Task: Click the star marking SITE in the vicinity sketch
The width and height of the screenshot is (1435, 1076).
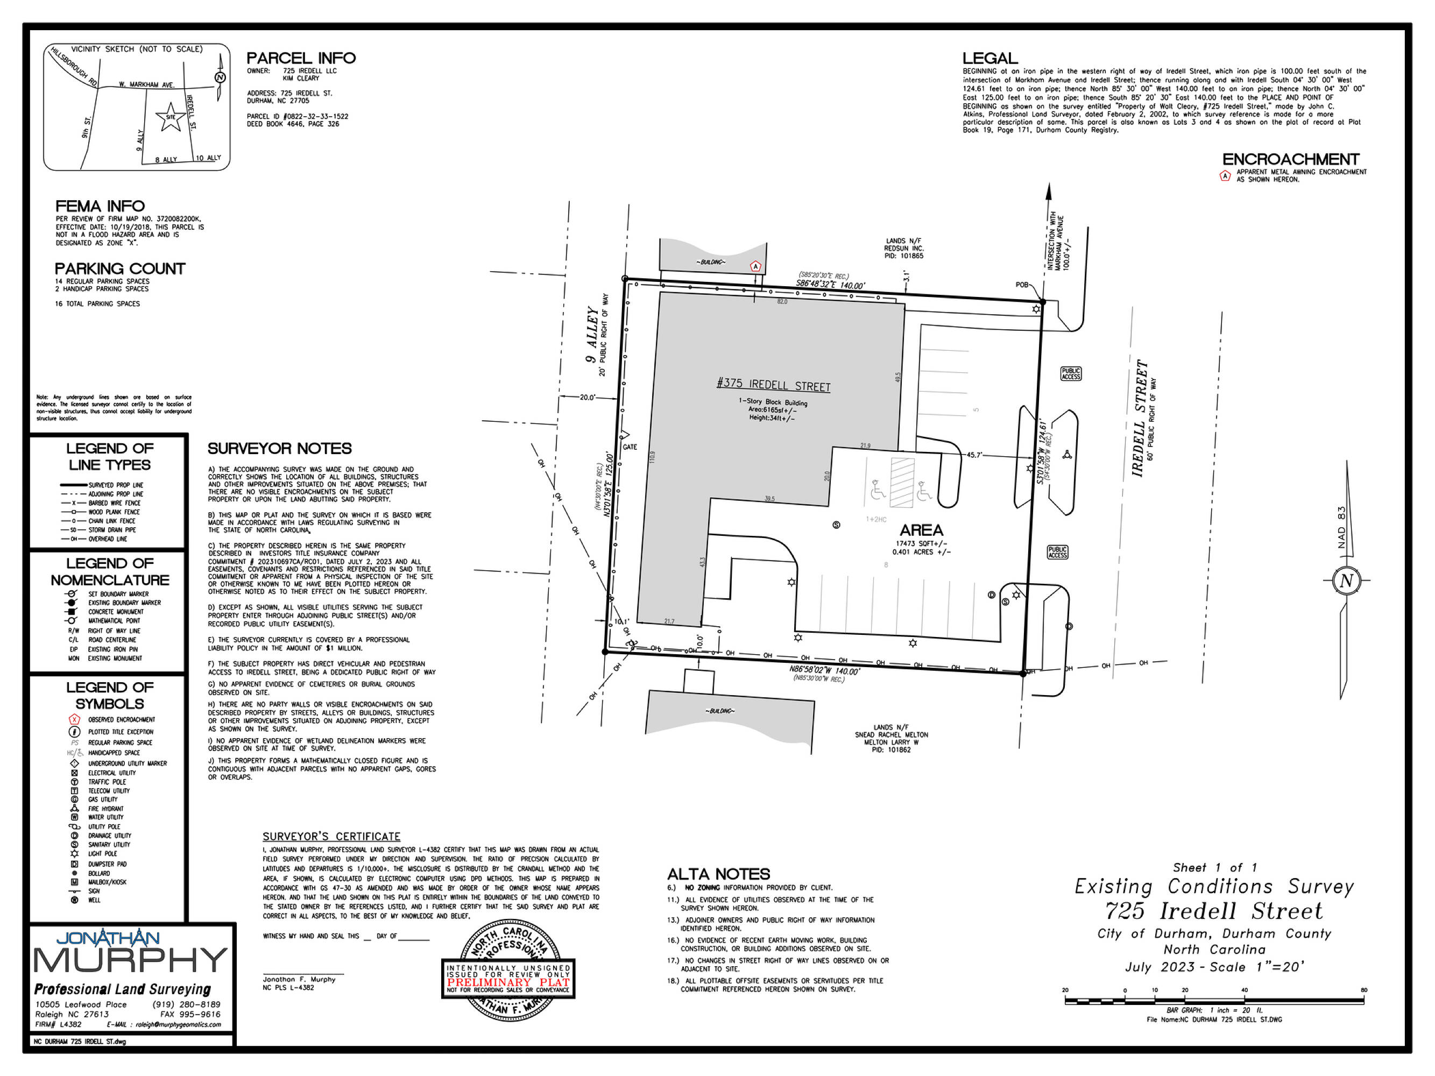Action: [170, 117]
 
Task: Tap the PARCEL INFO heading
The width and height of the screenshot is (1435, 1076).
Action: [301, 58]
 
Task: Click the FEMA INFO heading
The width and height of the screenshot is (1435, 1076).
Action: [100, 206]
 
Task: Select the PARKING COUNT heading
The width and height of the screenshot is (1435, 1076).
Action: [120, 268]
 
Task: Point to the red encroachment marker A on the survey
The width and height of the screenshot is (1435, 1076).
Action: [755, 266]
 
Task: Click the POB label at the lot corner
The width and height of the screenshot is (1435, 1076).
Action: [1022, 285]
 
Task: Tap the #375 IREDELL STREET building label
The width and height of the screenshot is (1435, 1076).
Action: [773, 385]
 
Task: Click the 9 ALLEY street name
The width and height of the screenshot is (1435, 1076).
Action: [592, 335]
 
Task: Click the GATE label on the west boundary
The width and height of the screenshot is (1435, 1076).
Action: [630, 447]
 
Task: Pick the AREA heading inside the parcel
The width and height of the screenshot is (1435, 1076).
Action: [921, 530]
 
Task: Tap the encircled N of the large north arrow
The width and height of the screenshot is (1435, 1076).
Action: [1346, 580]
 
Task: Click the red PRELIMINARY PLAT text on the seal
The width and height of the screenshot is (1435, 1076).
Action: [508, 982]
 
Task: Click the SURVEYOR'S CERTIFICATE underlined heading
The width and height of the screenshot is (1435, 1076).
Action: [331, 837]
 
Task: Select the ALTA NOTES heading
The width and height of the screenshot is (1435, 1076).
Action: [718, 874]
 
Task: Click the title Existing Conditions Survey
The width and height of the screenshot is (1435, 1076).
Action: [1214, 887]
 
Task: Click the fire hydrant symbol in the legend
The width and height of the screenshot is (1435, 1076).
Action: [75, 808]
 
